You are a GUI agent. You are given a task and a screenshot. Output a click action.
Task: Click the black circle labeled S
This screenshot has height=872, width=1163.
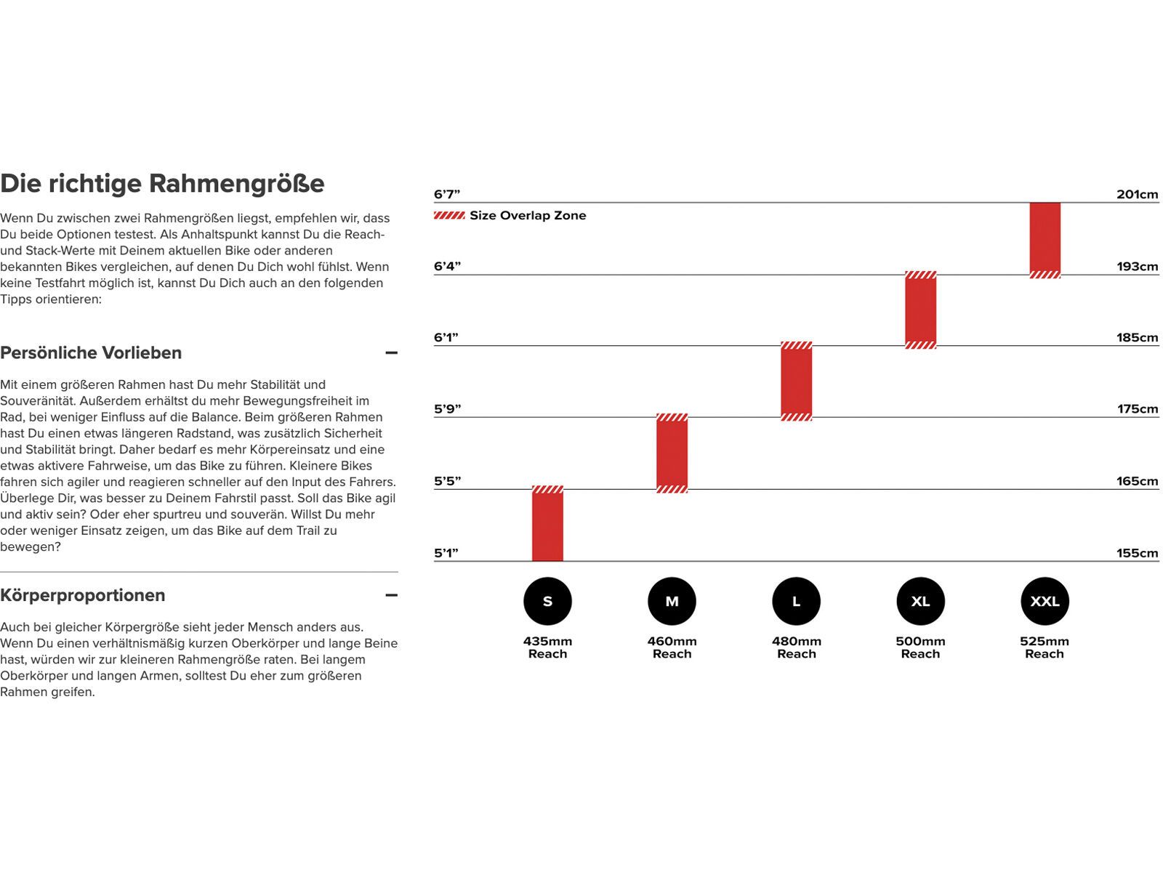click(547, 601)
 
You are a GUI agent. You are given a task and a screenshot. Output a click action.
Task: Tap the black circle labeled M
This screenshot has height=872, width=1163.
click(672, 601)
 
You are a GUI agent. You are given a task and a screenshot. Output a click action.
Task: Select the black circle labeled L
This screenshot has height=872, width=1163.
click(796, 601)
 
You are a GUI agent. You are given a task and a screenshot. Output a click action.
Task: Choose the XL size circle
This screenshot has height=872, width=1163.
click(920, 601)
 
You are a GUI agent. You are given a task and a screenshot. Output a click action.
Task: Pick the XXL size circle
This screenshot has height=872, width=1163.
click(1045, 601)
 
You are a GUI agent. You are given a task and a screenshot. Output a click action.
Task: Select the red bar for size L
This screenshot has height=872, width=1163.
click(796, 381)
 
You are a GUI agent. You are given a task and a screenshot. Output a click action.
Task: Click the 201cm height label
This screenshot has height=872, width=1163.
click(1137, 194)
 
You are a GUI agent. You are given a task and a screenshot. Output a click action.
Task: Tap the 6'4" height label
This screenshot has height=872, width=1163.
click(447, 266)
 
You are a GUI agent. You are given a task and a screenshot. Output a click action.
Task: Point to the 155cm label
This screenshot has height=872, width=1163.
click(1137, 553)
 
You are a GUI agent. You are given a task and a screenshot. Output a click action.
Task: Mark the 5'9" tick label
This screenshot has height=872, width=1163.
click(447, 409)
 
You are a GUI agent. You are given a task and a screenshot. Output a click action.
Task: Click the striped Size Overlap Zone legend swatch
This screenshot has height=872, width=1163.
click(449, 215)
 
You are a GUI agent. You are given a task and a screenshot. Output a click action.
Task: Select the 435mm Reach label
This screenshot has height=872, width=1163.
click(547, 647)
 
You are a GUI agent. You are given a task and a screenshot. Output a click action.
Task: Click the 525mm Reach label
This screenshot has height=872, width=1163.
click(1045, 647)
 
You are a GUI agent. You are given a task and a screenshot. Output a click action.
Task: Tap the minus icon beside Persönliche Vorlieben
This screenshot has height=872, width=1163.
click(391, 353)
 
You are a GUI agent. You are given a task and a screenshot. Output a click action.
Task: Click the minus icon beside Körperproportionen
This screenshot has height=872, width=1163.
click(391, 595)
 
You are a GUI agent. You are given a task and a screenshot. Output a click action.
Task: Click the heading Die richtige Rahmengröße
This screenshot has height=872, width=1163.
click(162, 183)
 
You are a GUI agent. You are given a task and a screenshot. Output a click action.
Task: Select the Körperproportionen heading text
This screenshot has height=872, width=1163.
click(83, 595)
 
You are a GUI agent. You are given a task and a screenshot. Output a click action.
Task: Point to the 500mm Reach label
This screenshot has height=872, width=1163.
click(920, 647)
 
